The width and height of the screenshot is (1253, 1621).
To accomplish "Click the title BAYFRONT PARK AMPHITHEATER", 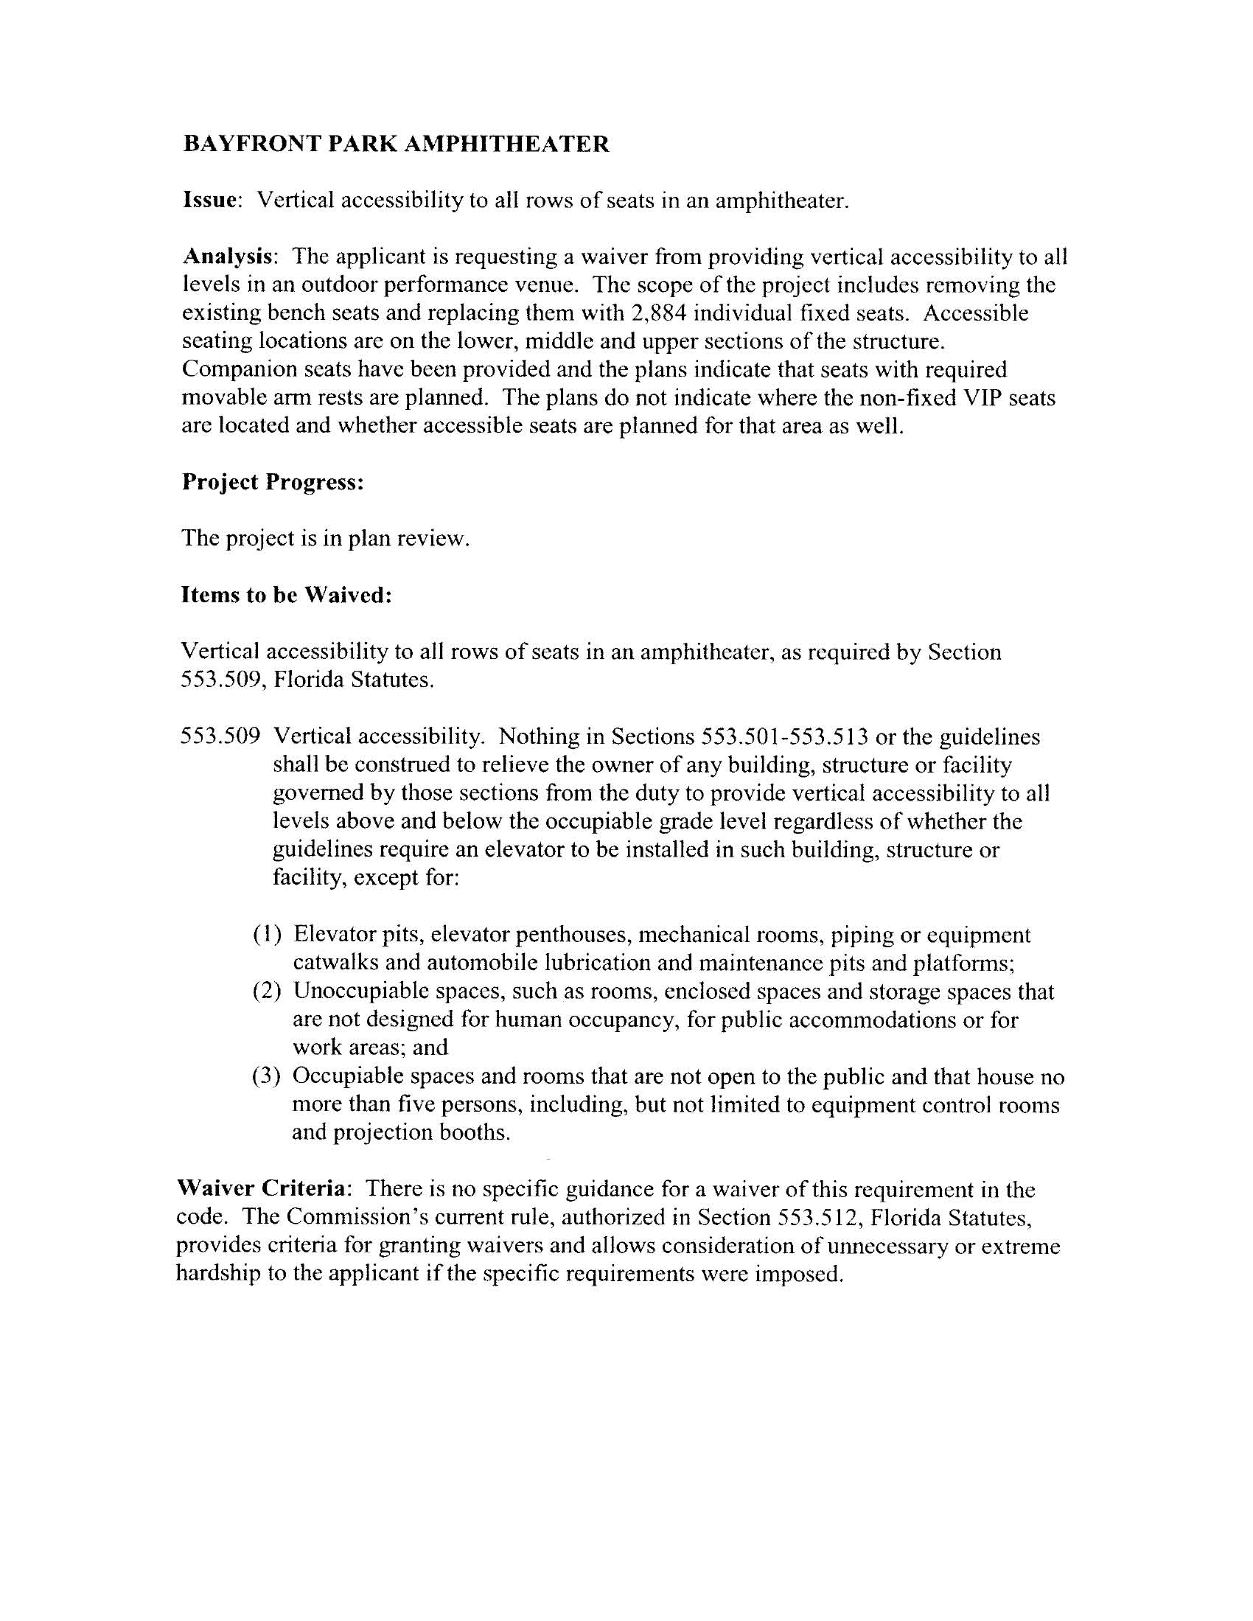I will click(396, 144).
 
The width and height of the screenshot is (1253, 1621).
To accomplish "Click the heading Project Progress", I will click(273, 482).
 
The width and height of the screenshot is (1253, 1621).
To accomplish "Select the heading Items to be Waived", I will click(286, 596).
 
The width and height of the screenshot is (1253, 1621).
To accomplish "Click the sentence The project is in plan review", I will click(326, 538).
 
